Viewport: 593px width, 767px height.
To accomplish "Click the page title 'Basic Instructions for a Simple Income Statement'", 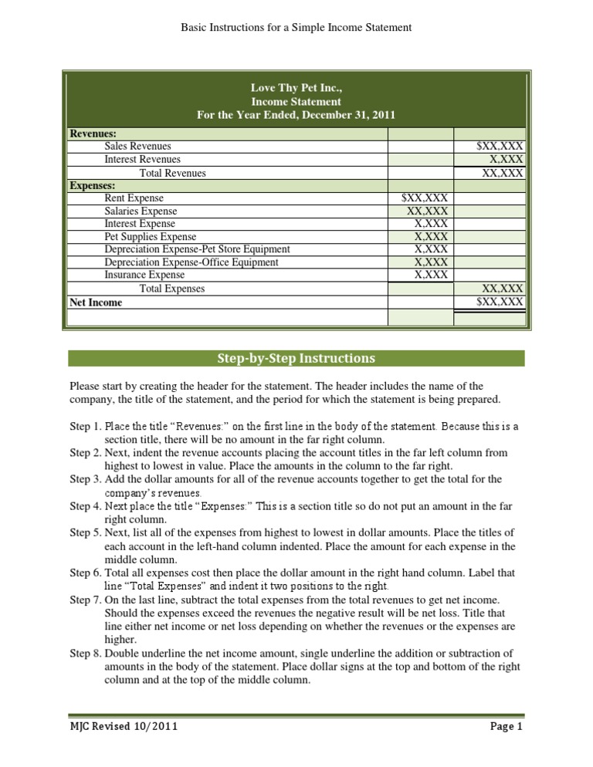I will pyautogui.click(x=296, y=27).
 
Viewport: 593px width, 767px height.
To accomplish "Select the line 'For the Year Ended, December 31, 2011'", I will pyautogui.click(x=296, y=115).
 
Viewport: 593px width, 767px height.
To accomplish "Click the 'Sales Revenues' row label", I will pyautogui.click(x=138, y=146).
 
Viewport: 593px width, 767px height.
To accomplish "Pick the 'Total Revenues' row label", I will pyautogui.click(x=172, y=173).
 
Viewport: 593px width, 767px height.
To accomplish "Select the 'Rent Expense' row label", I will pyautogui.click(x=134, y=198).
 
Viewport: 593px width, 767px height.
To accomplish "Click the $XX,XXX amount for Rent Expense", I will pyautogui.click(x=422, y=198).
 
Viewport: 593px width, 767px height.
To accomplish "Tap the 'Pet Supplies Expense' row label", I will pyautogui.click(x=151, y=237).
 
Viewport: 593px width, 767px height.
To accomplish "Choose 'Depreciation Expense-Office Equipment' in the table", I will pyautogui.click(x=191, y=262).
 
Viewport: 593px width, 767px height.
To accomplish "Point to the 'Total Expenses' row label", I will pyautogui.click(x=172, y=289).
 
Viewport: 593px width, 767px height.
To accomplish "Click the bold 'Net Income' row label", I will pyautogui.click(x=96, y=302).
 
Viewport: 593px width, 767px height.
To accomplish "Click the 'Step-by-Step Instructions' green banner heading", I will pyautogui.click(x=296, y=359).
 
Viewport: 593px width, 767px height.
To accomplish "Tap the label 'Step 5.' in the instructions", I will pyautogui.click(x=86, y=532).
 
